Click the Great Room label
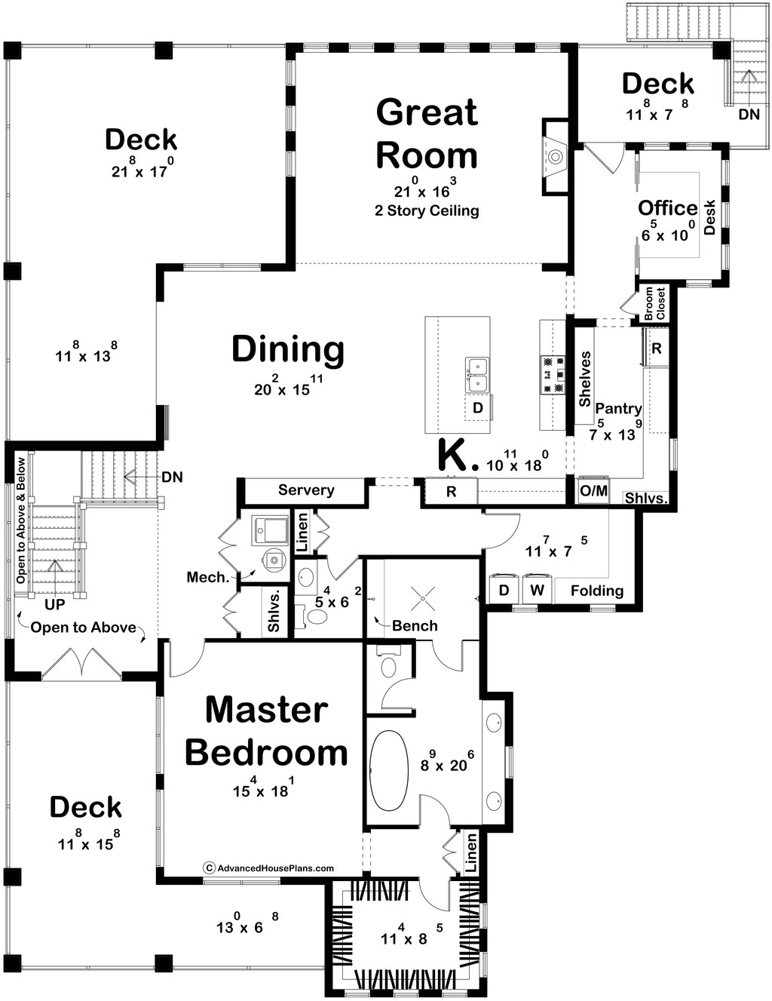(427, 134)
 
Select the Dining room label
(288, 349)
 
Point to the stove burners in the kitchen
(553, 374)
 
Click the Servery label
(306, 490)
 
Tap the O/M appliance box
(593, 491)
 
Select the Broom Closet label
(654, 303)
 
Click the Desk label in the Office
(709, 217)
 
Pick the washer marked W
(537, 590)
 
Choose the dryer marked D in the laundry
(504, 590)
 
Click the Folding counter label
(596, 591)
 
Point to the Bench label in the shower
(415, 625)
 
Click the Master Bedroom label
(267, 731)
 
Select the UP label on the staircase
(54, 604)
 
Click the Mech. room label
(207, 577)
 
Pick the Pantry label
(618, 408)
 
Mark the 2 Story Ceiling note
(427, 210)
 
